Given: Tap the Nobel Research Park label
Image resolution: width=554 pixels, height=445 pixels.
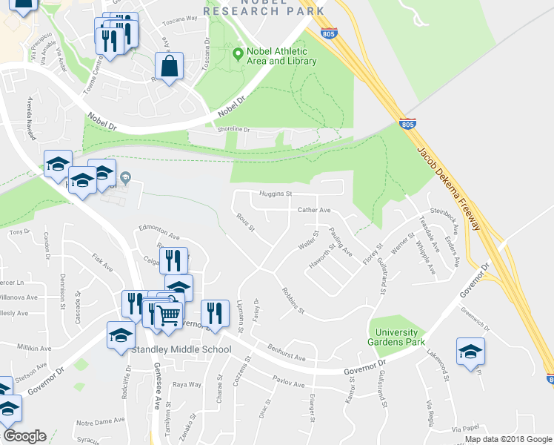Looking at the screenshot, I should pos(264,8).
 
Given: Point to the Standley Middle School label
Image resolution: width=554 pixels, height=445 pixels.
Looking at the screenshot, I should pos(175,349).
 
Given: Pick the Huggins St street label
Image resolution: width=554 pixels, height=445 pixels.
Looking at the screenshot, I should pos(277,194).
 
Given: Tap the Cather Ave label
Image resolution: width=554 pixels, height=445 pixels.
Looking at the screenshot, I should pos(314,210).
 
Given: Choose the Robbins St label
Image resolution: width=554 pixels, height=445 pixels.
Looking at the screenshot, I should pos(293,300).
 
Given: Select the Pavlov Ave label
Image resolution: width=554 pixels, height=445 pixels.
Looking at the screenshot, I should pos(288,383).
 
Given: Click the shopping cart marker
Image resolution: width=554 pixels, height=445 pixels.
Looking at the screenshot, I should pos(169,316).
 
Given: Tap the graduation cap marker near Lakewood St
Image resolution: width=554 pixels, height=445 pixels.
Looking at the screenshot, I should pos(470,352).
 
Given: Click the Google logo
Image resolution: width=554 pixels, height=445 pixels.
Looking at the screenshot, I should pos(24,436).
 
